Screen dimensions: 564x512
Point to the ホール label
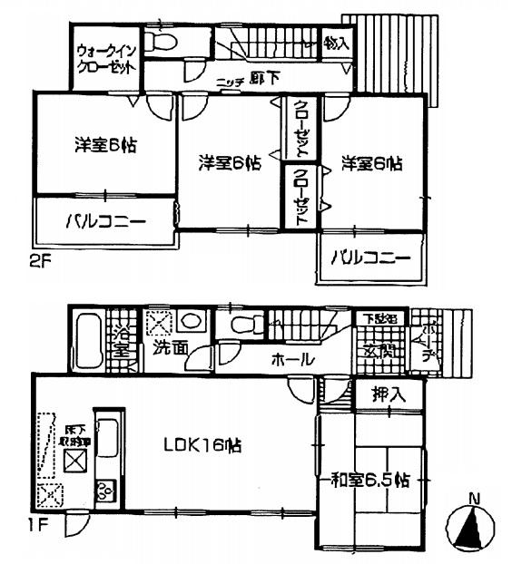292,360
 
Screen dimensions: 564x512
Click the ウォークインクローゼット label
106,58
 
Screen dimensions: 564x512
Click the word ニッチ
230,82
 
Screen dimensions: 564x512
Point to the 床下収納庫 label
74,431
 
